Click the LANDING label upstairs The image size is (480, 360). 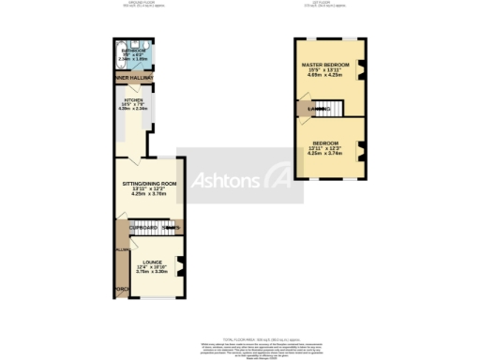click(318, 109)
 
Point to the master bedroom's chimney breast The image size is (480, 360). click(360, 68)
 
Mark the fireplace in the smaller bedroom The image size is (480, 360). click(360, 148)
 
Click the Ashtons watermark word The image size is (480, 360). click(226, 180)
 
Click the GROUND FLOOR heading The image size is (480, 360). click(142, 4)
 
